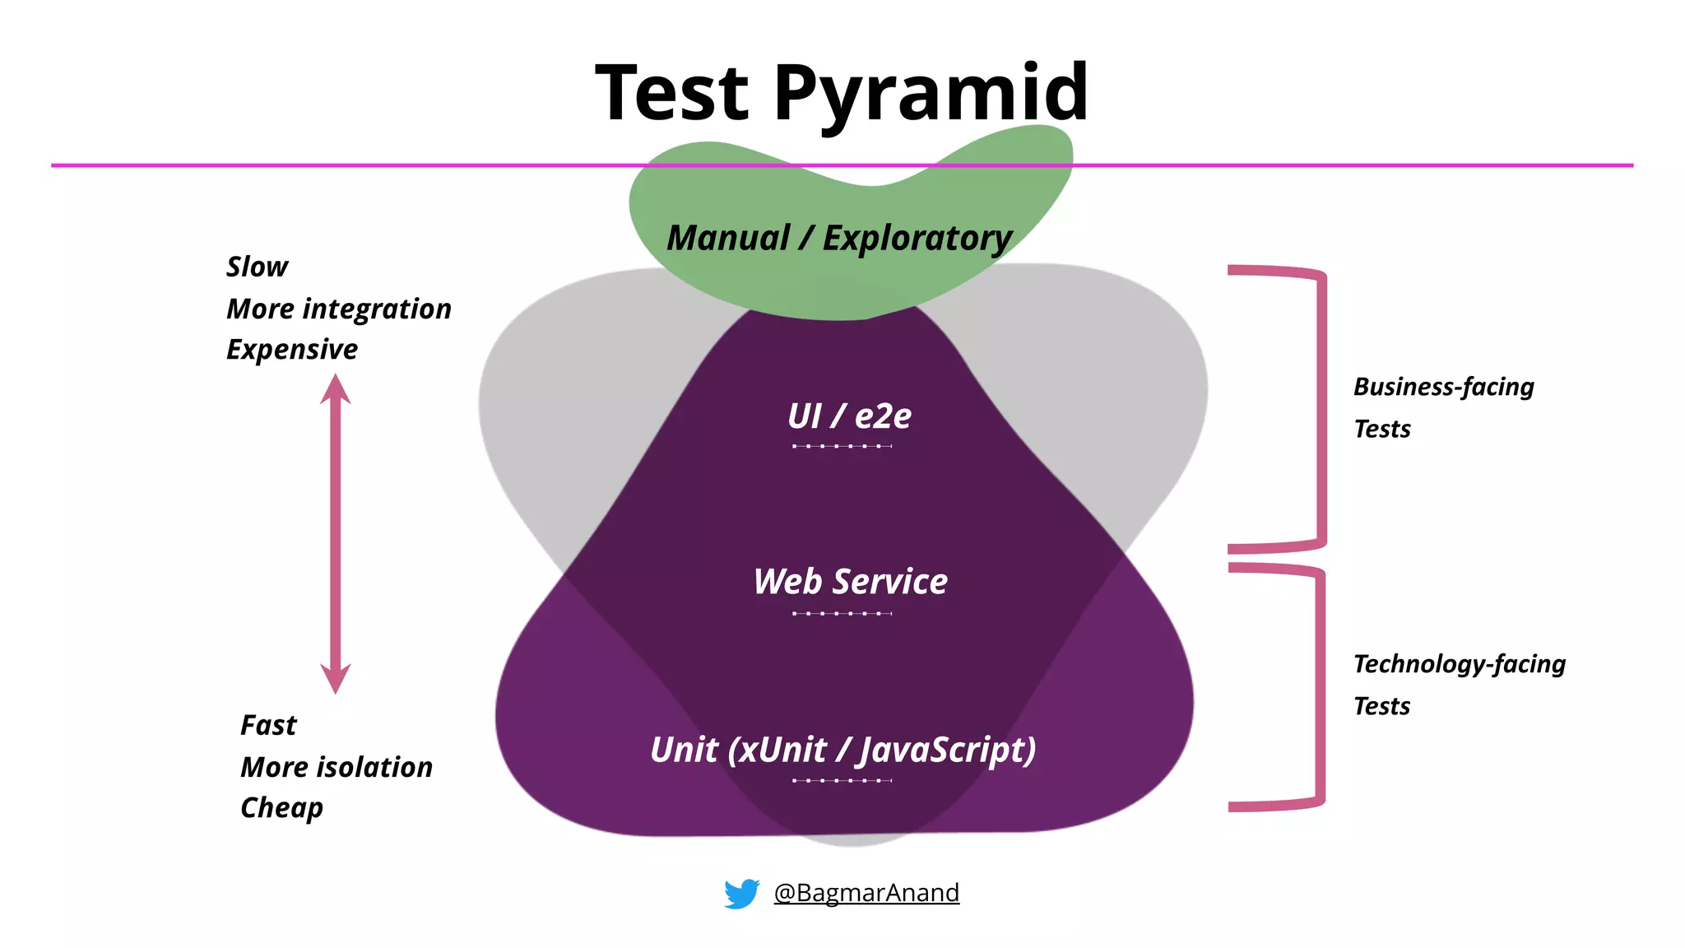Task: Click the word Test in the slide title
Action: (672, 92)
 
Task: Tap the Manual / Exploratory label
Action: (839, 239)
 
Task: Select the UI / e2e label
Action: (849, 416)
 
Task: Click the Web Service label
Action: (850, 582)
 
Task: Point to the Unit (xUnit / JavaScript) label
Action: (842, 750)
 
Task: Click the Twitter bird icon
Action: (741, 893)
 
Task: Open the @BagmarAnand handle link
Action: (866, 893)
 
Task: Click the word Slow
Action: (257, 267)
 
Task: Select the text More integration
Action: (338, 309)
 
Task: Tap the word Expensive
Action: (292, 350)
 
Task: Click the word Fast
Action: (268, 726)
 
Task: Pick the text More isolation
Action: (336, 768)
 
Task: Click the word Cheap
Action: (281, 808)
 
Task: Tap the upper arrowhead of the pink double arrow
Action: (336, 388)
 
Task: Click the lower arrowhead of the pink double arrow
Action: (336, 679)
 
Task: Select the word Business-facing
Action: (1444, 387)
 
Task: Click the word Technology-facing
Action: (1459, 664)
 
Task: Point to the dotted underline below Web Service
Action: (842, 613)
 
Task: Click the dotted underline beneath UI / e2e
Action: (842, 446)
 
